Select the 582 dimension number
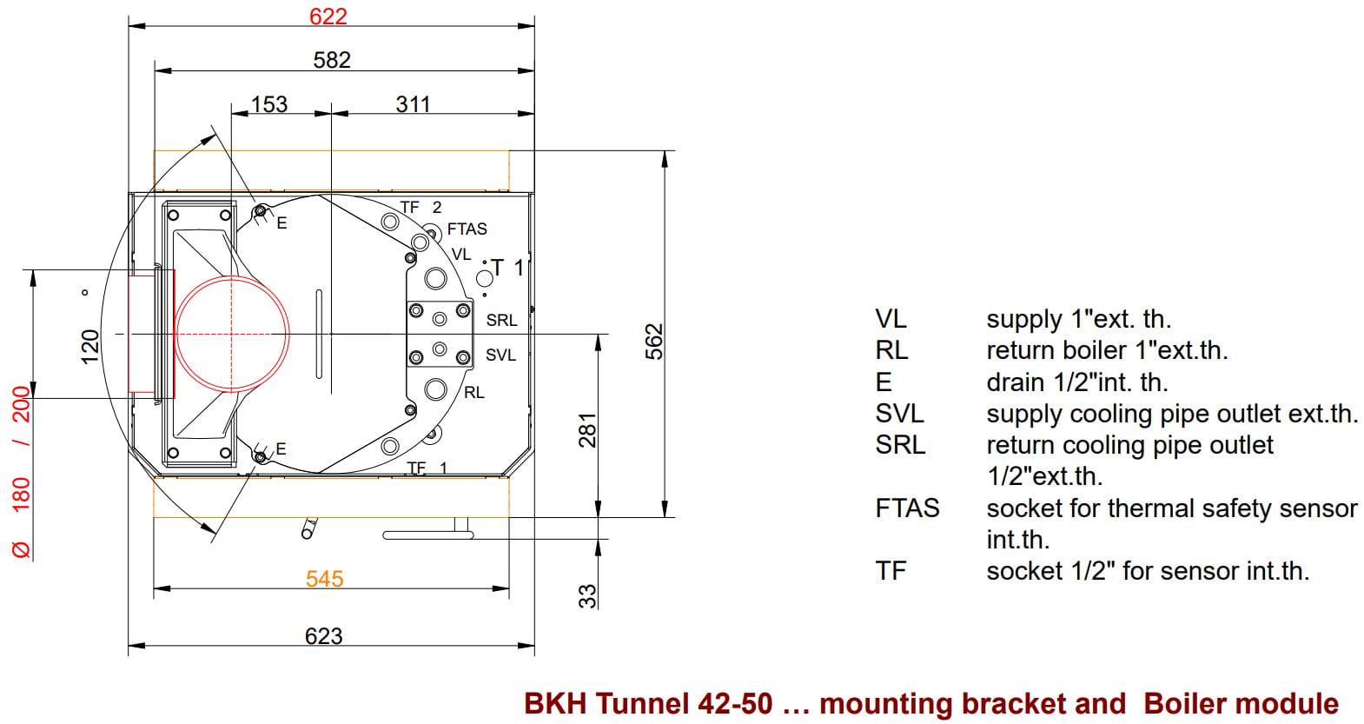[332, 59]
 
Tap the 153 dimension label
[268, 104]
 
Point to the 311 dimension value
[413, 104]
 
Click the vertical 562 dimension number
[655, 341]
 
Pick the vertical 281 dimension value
[588, 429]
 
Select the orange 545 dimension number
[324, 579]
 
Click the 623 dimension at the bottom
[323, 636]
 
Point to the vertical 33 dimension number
[588, 595]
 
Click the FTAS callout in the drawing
[467, 229]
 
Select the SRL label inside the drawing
[501, 321]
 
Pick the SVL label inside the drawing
[500, 355]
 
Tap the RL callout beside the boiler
[473, 393]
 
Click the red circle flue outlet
[232, 334]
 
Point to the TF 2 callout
[420, 208]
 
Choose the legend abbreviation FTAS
[907, 508]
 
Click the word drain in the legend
[1013, 382]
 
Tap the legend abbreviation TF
[891, 571]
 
